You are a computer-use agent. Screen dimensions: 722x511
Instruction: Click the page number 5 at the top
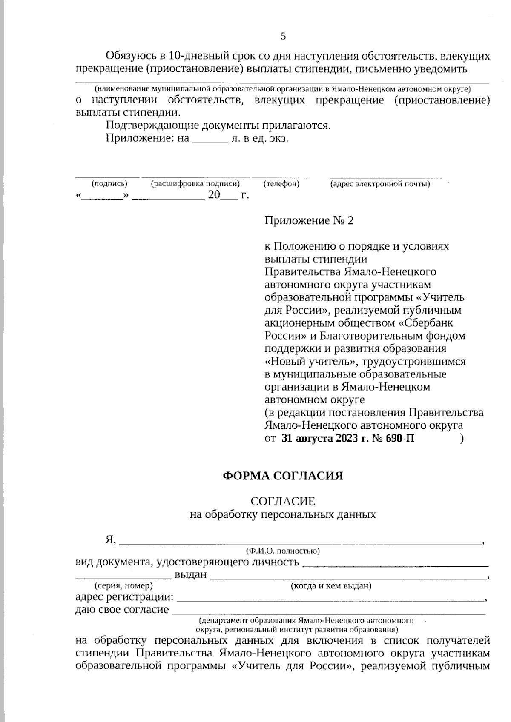pos(283,37)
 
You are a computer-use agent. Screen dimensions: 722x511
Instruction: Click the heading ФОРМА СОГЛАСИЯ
pos(283,476)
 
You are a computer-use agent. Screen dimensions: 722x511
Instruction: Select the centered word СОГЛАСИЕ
pos(283,501)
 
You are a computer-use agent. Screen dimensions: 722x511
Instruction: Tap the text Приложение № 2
pos(309,220)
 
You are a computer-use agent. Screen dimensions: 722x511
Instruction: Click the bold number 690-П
pos(399,438)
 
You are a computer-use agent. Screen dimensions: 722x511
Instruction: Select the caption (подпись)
pos(109,184)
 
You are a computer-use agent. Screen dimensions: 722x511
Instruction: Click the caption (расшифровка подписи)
pos(195,184)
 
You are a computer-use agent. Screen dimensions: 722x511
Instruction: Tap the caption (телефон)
pos(281,184)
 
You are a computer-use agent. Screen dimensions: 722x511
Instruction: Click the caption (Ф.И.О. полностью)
pos(283,551)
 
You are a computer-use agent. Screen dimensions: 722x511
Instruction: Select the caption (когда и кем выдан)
pos(331,585)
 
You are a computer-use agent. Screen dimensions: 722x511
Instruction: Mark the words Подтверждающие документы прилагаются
pos(218,126)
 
